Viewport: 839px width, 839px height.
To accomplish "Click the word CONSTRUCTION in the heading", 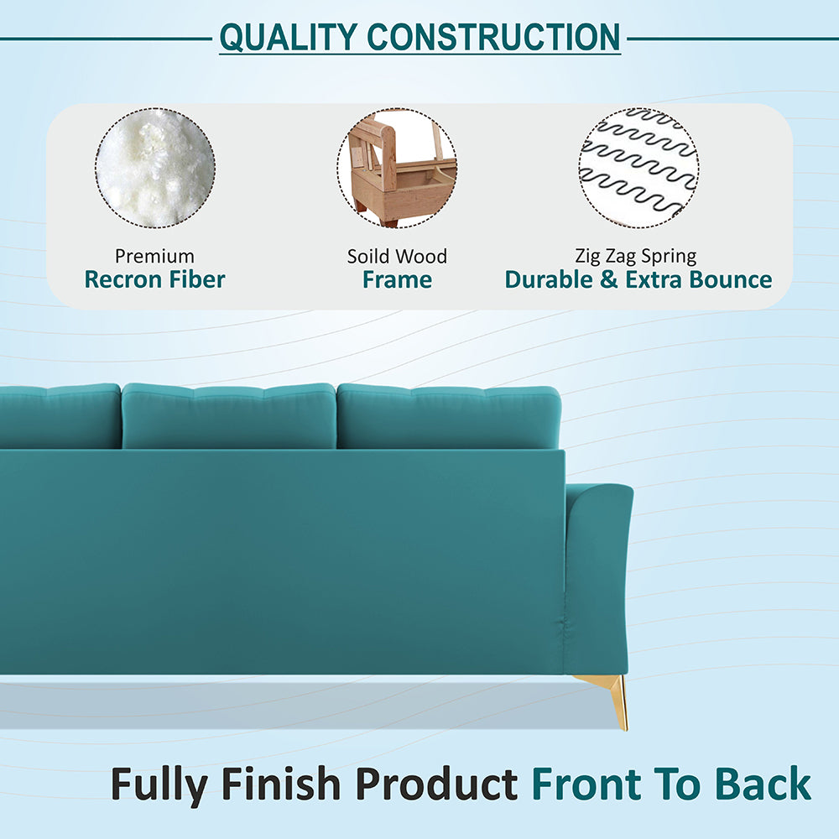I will (x=494, y=37).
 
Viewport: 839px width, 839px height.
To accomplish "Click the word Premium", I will (x=154, y=256).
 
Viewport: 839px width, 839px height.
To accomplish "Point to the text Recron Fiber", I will (x=154, y=279).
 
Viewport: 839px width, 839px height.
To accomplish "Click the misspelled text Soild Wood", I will (x=398, y=256).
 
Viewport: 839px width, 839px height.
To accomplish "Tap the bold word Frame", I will (x=398, y=279).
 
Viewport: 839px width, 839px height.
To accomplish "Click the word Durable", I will (x=550, y=279).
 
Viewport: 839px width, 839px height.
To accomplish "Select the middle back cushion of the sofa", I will (x=229, y=415).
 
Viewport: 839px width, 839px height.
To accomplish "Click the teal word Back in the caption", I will (x=763, y=784).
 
